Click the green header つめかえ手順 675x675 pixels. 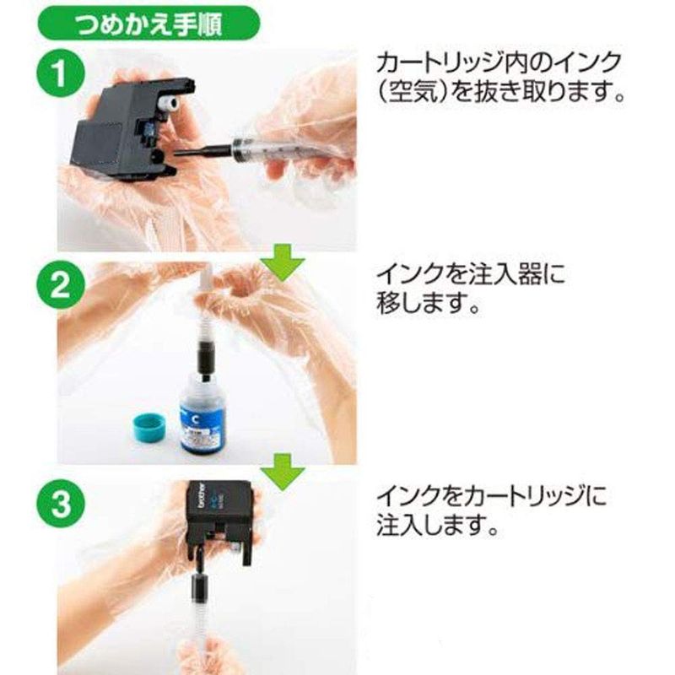point(148,24)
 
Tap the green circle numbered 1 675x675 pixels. point(60,73)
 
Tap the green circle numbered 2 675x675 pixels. point(60,285)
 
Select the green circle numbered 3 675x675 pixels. point(60,503)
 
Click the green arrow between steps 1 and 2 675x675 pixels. point(283,263)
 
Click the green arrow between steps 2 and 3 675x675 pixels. point(283,472)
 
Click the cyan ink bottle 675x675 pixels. point(202,414)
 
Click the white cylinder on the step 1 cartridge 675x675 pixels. point(168,104)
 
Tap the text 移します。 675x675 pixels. point(429,303)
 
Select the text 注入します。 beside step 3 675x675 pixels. point(437,524)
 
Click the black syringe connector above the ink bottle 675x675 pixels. point(205,357)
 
